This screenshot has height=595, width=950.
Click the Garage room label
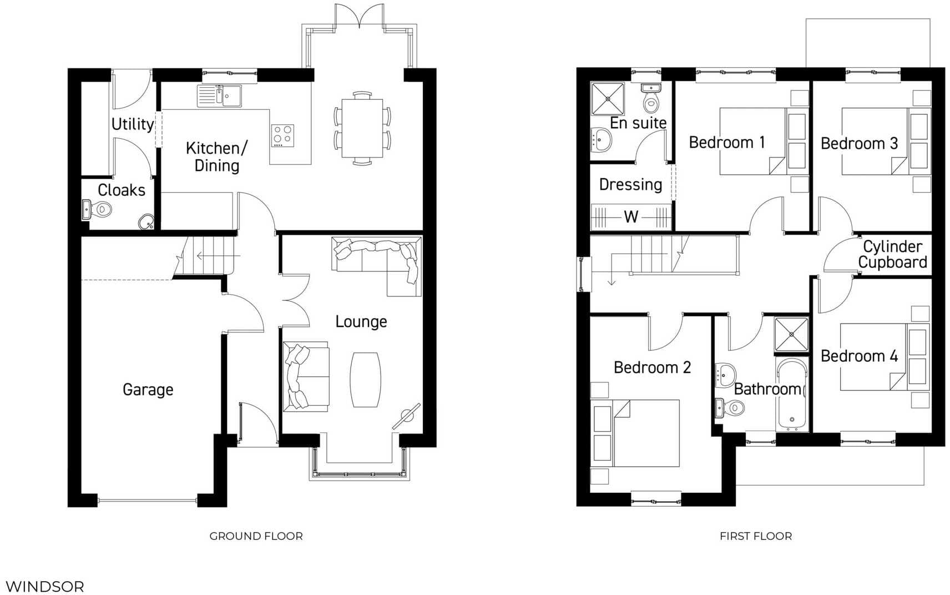148,390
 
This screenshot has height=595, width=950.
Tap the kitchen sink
219,96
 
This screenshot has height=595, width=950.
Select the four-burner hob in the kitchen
282,135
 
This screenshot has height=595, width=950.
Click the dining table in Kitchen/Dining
362,128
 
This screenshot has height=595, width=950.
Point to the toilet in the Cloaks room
102,210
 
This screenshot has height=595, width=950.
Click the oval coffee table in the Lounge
365,380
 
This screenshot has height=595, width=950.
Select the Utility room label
133,124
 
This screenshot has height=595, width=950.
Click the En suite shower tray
608,99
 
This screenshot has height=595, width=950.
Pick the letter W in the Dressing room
631,216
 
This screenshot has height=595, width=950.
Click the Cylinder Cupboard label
892,254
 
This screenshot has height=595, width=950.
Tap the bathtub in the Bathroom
792,395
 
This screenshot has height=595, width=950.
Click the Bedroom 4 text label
859,356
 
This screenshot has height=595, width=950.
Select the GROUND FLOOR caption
256,536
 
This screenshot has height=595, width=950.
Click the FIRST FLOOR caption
755,536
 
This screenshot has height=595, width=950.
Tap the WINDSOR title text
45,586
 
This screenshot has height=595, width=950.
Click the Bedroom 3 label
859,143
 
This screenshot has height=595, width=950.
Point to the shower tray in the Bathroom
791,335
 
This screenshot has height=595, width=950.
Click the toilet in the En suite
651,99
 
